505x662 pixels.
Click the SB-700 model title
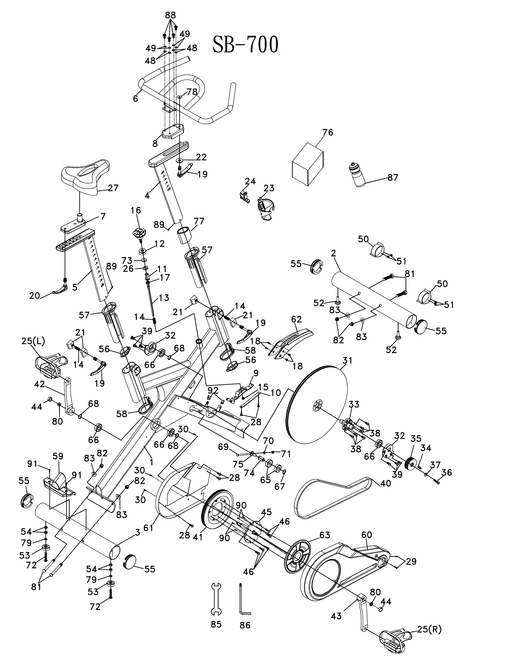tap(245, 45)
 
